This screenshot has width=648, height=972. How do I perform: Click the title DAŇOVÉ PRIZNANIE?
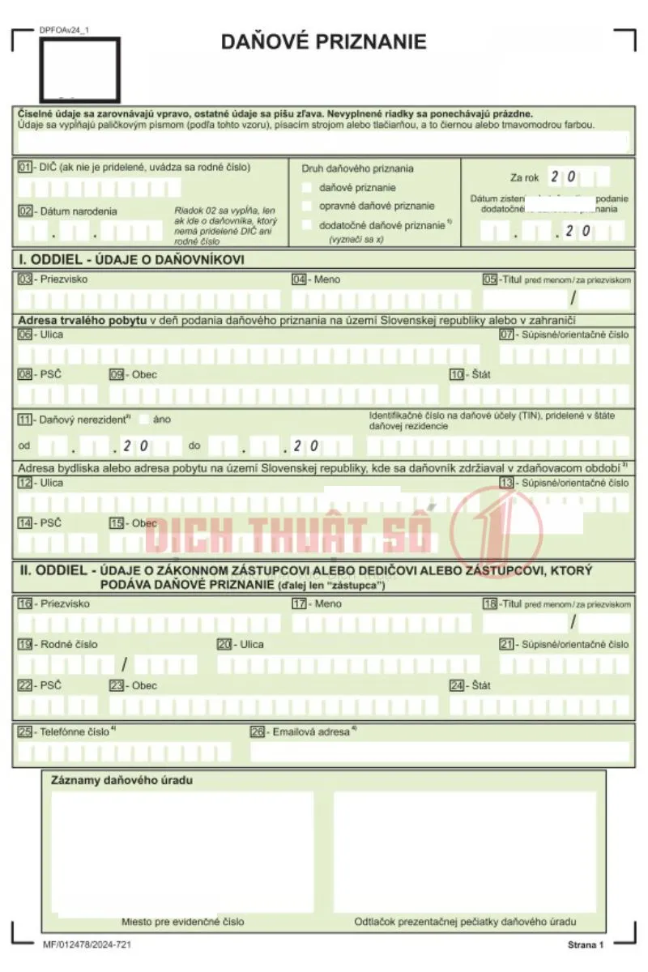(x=323, y=42)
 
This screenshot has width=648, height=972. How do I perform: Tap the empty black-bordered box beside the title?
(x=80, y=70)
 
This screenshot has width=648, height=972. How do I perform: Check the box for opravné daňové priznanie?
(x=307, y=206)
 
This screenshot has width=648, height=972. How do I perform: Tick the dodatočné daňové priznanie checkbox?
(x=307, y=224)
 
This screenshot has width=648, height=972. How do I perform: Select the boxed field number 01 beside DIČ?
(x=25, y=167)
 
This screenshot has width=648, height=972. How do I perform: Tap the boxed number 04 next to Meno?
(x=299, y=279)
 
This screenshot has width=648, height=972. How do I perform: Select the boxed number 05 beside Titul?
(x=489, y=279)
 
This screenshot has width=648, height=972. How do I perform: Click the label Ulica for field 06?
(x=51, y=334)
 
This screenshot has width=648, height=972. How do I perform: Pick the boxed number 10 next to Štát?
(x=458, y=374)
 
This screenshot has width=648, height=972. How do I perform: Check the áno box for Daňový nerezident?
(x=144, y=419)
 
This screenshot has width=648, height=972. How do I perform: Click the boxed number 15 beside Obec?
(x=117, y=522)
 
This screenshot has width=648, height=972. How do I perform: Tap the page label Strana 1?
(x=586, y=945)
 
